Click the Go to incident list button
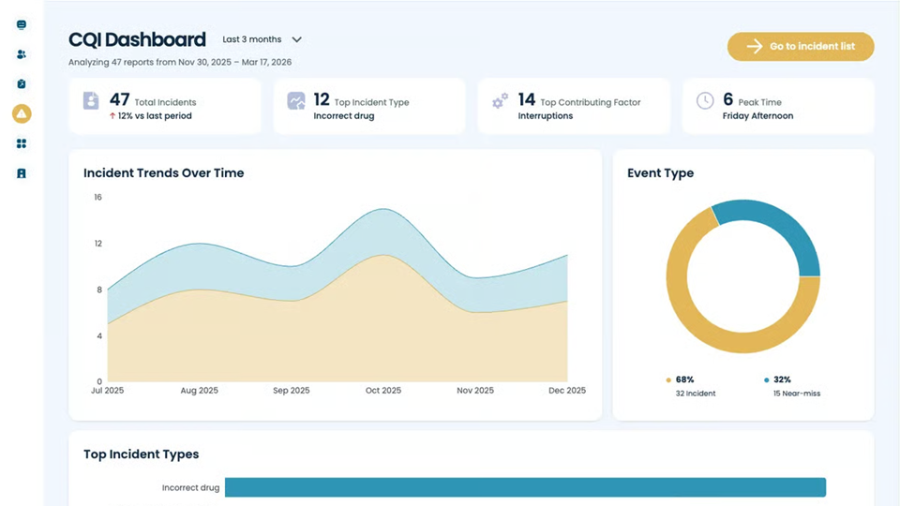coord(800,47)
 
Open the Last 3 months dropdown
coord(262,40)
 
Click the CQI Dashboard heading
coord(137,39)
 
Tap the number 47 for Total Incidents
coord(119,99)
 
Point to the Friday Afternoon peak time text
coord(757,116)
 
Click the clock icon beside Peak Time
coord(705,100)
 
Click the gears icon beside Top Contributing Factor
coord(501,100)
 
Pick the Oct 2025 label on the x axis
coord(383,391)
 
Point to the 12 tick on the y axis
coord(97,244)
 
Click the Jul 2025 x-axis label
coord(108,391)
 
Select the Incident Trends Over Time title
coord(163,173)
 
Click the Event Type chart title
coord(660,173)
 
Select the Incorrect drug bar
coord(525,487)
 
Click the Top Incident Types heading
coord(141,454)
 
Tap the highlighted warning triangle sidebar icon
coord(22,113)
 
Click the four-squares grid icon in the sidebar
coord(22,143)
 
